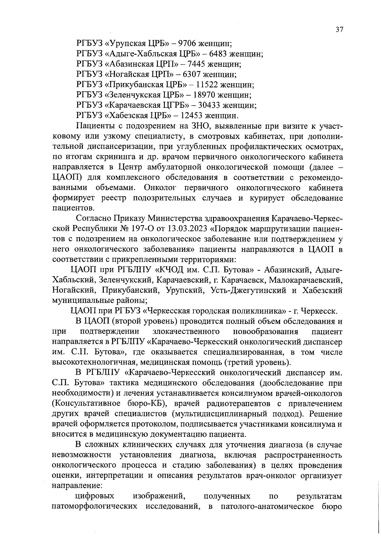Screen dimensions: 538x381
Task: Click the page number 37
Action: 339,30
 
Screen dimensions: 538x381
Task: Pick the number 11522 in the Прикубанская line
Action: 209,85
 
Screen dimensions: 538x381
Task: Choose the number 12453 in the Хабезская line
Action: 193,116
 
